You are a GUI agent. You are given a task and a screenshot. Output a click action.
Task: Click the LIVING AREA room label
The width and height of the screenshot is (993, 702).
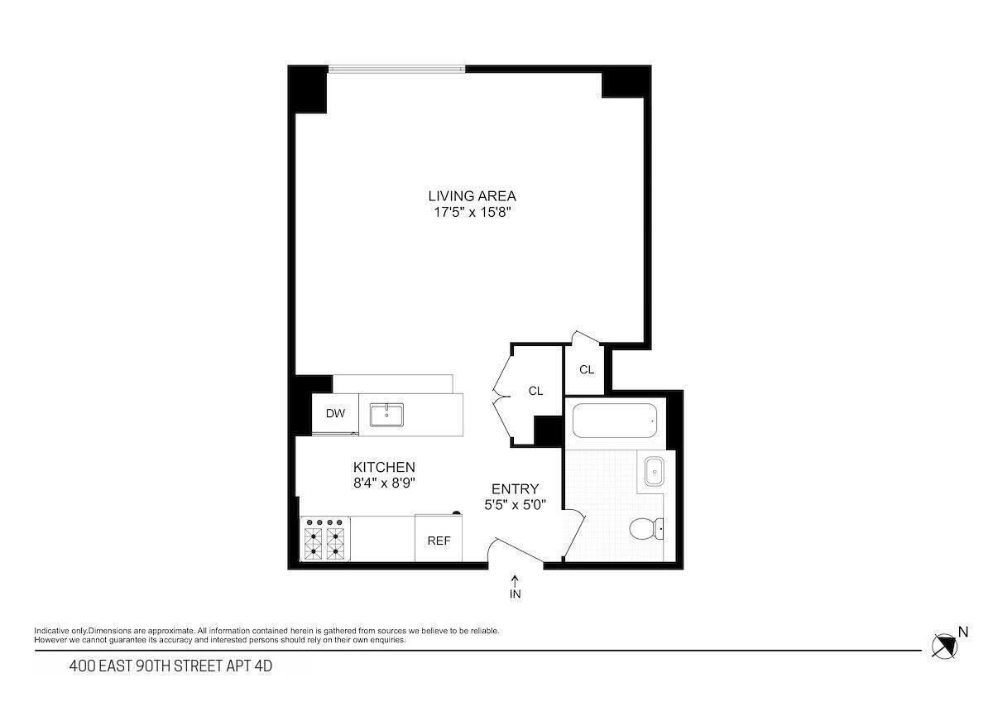click(472, 196)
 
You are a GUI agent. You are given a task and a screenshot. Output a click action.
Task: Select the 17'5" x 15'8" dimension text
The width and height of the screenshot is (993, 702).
click(472, 212)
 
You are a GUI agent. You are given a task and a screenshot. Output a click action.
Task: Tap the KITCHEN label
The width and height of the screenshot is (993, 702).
click(384, 468)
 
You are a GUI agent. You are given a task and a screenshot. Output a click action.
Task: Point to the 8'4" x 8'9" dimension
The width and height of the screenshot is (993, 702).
click(384, 483)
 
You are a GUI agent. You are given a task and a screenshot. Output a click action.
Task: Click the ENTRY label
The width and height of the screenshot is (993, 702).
click(515, 489)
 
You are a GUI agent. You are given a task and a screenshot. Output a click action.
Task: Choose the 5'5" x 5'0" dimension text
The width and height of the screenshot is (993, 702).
click(515, 504)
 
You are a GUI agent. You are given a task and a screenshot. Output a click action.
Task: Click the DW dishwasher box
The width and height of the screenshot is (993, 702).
click(335, 414)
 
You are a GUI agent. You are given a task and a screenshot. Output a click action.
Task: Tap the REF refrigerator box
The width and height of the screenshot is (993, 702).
click(439, 541)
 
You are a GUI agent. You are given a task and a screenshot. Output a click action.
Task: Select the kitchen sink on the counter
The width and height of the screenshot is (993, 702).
click(386, 415)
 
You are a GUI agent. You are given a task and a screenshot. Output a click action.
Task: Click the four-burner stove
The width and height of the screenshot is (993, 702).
click(324, 539)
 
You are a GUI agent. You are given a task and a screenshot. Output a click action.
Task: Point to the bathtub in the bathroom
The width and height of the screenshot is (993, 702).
click(615, 421)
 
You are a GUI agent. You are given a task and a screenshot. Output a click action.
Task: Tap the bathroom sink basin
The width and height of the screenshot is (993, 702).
click(654, 473)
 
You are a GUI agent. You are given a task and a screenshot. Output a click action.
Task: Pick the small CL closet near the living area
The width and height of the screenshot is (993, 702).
click(586, 370)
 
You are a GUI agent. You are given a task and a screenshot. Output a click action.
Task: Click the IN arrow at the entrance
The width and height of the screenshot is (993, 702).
click(516, 587)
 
